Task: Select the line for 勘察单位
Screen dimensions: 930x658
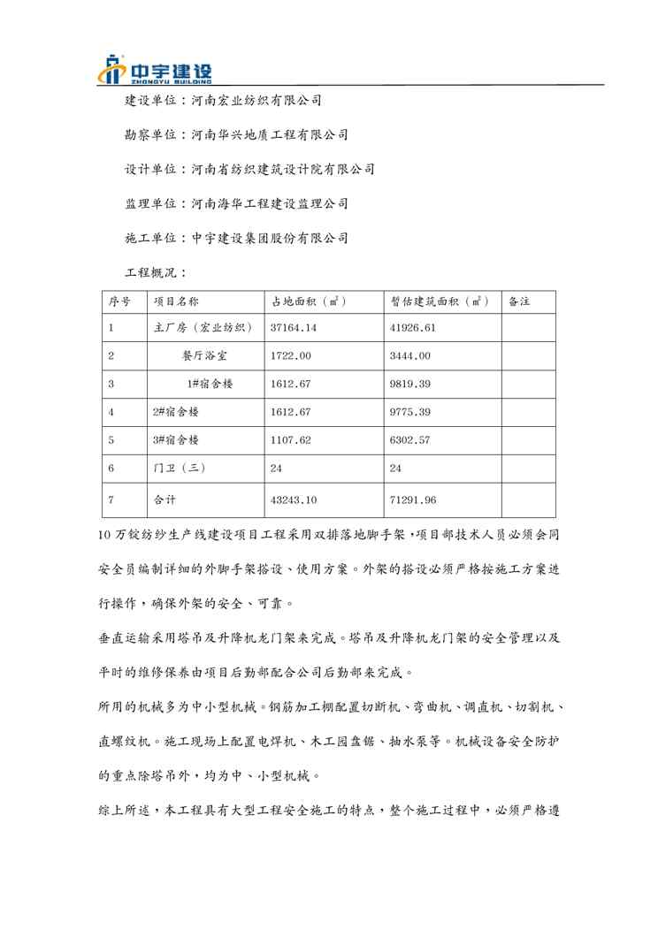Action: (236, 134)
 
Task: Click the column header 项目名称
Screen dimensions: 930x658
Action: (176, 301)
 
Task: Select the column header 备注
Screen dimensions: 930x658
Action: (519, 301)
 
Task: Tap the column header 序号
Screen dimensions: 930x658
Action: (120, 301)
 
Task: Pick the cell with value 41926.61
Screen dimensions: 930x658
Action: (413, 327)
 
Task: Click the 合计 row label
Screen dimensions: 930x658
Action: (165, 500)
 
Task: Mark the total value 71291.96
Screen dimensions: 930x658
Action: (413, 500)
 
